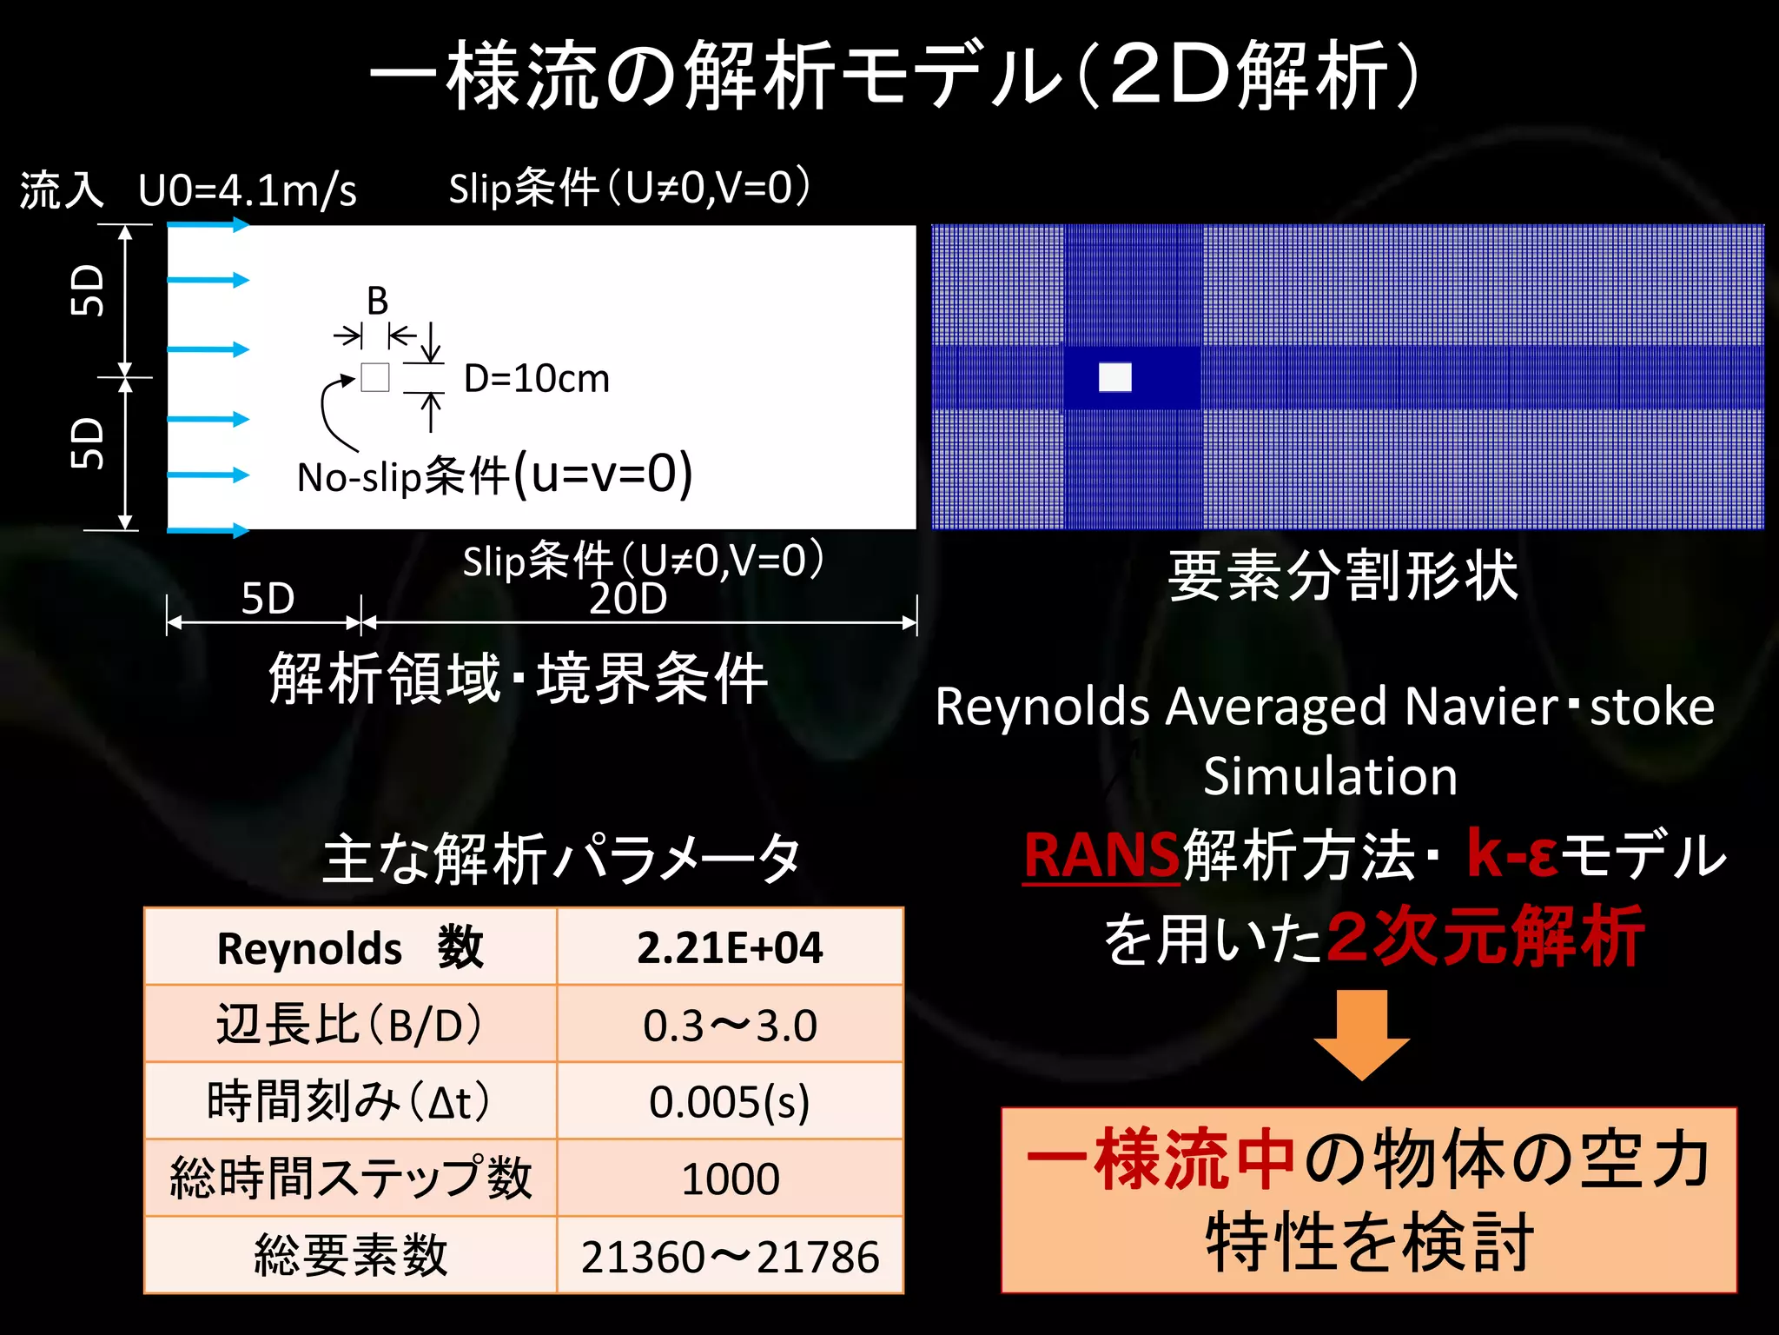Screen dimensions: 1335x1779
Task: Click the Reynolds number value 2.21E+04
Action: (x=730, y=947)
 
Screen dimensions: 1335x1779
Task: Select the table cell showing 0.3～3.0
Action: (x=730, y=1026)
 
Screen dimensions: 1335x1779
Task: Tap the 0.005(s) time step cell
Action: (x=730, y=1102)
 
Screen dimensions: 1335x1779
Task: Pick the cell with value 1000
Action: (x=730, y=1179)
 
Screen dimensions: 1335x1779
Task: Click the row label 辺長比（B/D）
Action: (x=349, y=1026)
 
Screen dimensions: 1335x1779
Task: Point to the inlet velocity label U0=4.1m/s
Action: (x=248, y=190)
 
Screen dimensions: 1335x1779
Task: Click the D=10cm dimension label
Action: (x=537, y=379)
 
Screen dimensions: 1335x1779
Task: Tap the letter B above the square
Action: (x=377, y=302)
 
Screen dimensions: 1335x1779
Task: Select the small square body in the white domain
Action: (x=375, y=377)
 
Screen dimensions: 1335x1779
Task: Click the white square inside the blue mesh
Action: (x=1115, y=377)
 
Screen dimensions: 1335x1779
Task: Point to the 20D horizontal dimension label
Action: (x=628, y=599)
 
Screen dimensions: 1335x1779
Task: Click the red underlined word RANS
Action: (x=1101, y=855)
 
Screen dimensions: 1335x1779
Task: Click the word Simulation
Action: (x=1330, y=776)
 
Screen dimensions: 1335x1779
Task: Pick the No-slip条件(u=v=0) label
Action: (x=494, y=475)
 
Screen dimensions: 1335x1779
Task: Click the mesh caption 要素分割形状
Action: (x=1343, y=576)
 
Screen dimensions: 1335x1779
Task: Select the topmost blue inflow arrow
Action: (x=208, y=226)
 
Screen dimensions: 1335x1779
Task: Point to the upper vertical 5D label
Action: (x=88, y=290)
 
